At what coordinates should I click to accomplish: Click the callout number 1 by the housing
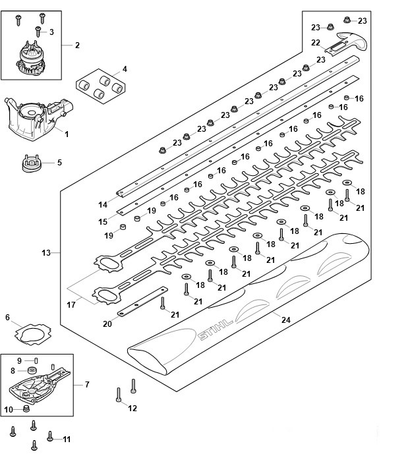(x=66, y=134)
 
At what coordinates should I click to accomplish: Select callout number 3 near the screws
(x=51, y=32)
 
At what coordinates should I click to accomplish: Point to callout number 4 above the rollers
(x=125, y=69)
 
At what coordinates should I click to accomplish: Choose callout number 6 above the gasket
(x=8, y=318)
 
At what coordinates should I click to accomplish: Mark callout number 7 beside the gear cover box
(x=87, y=384)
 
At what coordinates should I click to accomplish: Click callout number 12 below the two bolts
(x=132, y=409)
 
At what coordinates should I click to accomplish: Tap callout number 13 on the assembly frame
(x=46, y=252)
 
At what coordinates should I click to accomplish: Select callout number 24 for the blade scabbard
(x=285, y=320)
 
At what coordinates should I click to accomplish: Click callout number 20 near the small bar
(x=107, y=324)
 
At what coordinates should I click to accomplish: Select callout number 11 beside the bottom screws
(x=66, y=439)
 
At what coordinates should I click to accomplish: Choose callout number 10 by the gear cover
(x=8, y=409)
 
